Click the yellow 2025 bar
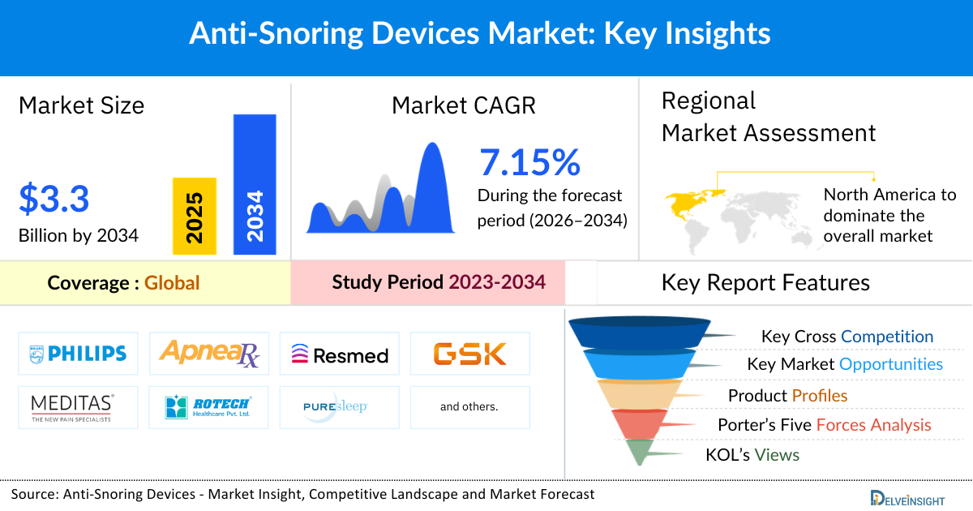click(x=194, y=216)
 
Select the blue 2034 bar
click(x=255, y=183)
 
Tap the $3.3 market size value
click(x=54, y=199)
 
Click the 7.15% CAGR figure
click(x=529, y=162)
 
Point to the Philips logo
click(x=78, y=353)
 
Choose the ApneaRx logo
click(x=209, y=353)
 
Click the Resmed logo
click(x=340, y=354)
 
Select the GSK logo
click(x=469, y=354)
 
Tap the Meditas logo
click(x=78, y=407)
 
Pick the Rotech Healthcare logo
click(x=209, y=407)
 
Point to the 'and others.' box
click(x=469, y=407)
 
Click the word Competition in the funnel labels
click(x=887, y=336)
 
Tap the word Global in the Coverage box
click(x=172, y=283)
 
